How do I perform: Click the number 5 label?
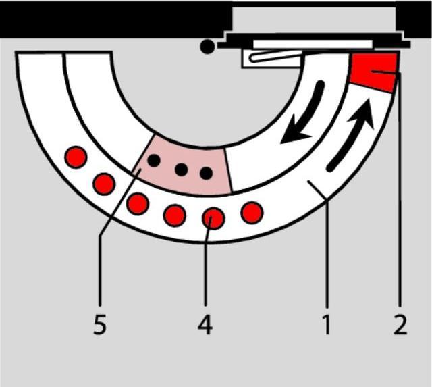100,325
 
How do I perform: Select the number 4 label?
205,325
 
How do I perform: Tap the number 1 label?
327,325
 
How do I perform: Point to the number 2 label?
400,325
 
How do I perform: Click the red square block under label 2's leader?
373,72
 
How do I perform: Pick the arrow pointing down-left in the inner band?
304,113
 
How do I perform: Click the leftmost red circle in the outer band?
76,157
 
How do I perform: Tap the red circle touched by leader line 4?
213,218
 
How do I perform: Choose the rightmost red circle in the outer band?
252,213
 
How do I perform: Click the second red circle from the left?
104,184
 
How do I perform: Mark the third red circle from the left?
138,204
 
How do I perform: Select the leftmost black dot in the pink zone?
154,161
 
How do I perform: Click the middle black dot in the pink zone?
182,170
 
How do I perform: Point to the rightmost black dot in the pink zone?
206,174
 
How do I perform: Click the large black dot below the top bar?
207,47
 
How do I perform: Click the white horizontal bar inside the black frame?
313,44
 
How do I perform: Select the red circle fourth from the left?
175,215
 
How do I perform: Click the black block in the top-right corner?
414,20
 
